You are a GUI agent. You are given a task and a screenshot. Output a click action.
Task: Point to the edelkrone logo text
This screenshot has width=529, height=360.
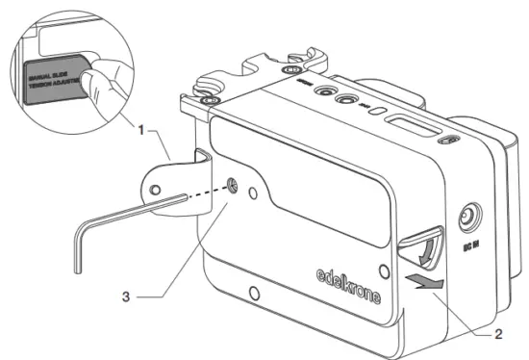[x=348, y=285]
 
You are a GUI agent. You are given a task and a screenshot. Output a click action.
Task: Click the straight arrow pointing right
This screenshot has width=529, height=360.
[x=424, y=280]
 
